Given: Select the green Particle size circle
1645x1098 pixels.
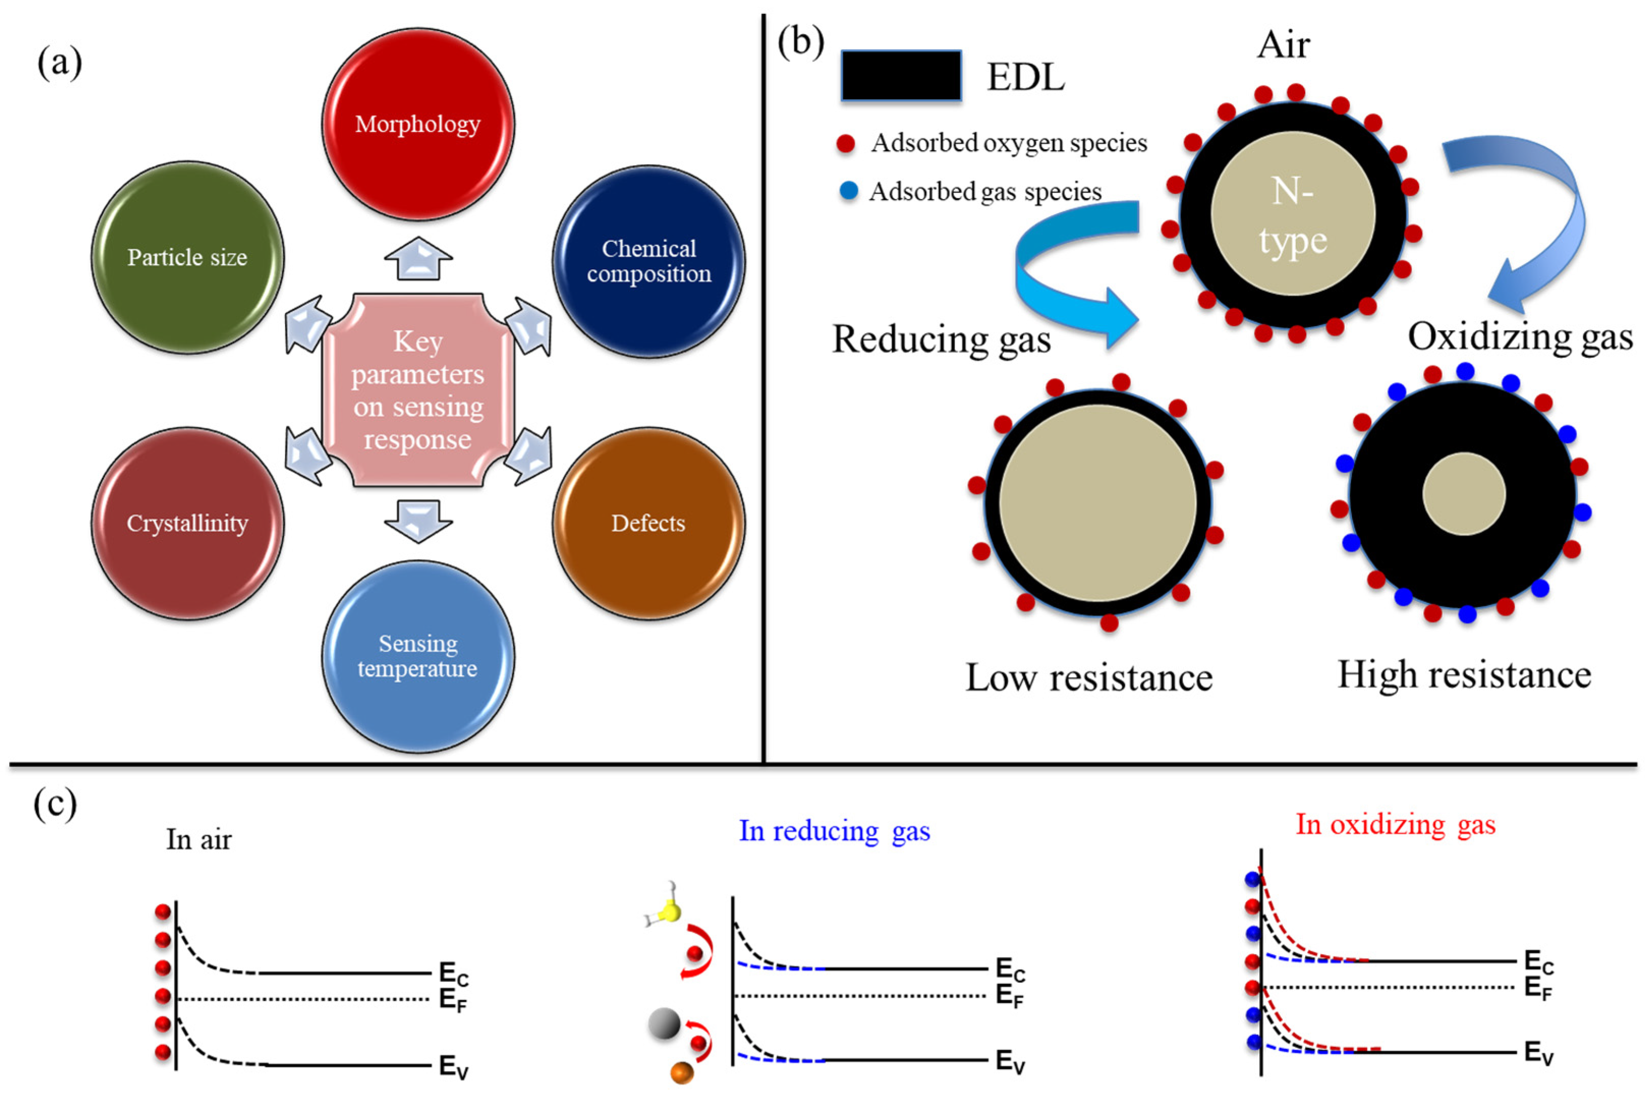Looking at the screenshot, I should click(188, 257).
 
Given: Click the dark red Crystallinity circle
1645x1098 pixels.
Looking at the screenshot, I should click(188, 523).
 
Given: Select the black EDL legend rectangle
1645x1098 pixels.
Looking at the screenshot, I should click(901, 76).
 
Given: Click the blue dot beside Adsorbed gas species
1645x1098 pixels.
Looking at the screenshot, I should click(848, 191).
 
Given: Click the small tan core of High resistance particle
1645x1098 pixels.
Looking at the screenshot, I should click(1464, 494).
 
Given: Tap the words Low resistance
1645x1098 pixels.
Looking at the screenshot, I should click(1089, 678).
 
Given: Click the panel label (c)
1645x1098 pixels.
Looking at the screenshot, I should click(54, 805).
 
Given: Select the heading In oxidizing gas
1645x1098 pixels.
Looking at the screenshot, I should click(1395, 824).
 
